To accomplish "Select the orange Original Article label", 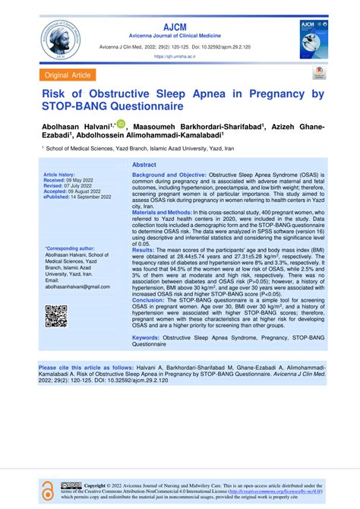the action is coord(69,75).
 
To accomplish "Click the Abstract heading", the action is coord(144,165).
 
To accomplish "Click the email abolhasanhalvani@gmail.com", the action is coord(78,287).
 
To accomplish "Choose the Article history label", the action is coord(63,174).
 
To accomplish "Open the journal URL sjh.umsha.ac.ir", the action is coord(179,56).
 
